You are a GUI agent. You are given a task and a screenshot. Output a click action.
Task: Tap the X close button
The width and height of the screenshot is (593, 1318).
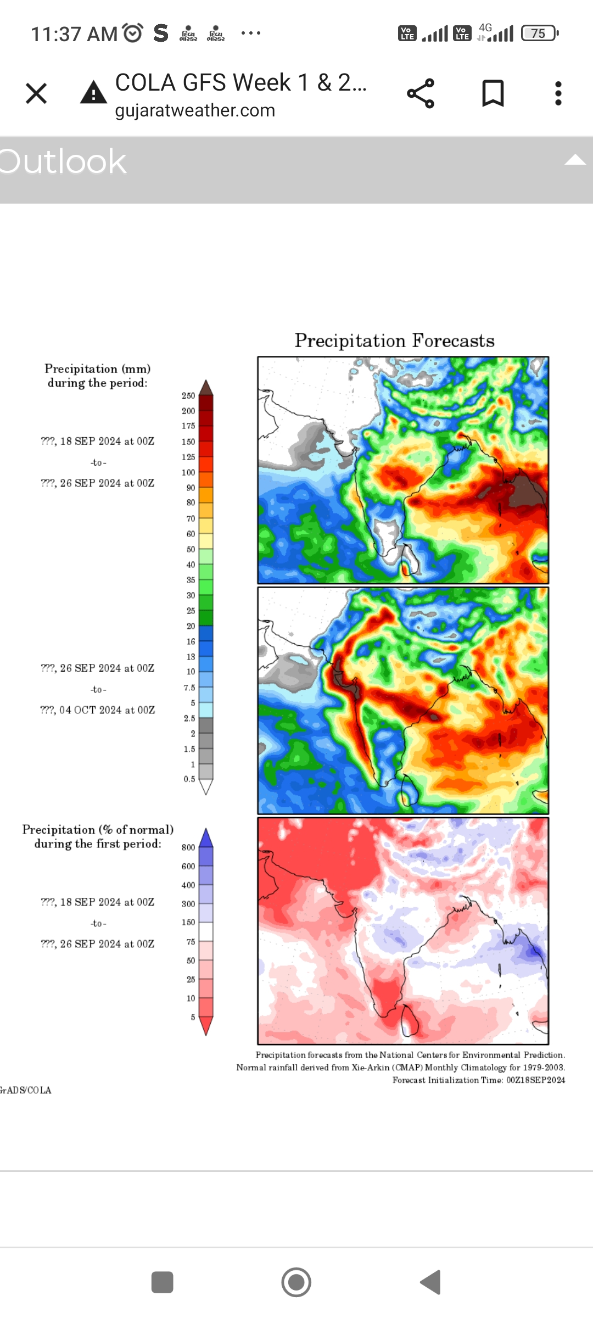tap(36, 93)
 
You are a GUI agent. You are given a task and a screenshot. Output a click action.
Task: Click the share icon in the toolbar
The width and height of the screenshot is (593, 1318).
tap(421, 93)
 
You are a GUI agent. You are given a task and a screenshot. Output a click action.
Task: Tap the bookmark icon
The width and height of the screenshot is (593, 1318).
tap(493, 93)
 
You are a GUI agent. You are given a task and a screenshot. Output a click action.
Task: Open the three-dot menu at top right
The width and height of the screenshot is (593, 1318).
tap(558, 93)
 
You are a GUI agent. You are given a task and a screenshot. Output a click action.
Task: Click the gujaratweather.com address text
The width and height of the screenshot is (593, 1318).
tap(195, 110)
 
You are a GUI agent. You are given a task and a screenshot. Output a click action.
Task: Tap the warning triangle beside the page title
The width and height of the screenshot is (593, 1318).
tap(93, 93)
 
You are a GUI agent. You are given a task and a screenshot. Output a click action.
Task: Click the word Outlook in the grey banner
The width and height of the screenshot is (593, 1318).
tap(63, 161)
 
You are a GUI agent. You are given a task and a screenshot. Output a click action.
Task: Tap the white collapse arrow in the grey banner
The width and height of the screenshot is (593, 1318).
tap(575, 160)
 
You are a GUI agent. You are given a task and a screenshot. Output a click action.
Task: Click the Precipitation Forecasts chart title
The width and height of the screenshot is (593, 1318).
tap(394, 340)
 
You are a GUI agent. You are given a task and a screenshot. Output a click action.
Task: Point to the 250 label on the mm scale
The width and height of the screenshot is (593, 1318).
tap(188, 395)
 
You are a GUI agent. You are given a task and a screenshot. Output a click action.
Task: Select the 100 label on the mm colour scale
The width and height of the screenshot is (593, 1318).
tap(188, 472)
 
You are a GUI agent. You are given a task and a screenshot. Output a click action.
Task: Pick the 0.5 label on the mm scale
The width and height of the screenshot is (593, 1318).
tap(189, 779)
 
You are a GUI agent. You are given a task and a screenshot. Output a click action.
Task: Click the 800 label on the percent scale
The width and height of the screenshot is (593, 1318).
tap(188, 847)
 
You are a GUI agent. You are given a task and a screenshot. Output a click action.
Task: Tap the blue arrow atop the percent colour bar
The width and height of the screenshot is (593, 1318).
tap(206, 837)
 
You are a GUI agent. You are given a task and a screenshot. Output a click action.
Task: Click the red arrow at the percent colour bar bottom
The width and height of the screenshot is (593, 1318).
tap(206, 1025)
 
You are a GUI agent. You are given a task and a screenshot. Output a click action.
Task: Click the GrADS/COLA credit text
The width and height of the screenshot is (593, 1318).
tap(25, 1090)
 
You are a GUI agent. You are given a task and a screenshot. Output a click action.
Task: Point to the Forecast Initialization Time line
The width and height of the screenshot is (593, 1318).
tap(478, 1080)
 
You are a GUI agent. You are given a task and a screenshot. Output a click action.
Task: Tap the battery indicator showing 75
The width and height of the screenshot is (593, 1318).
tap(539, 33)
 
